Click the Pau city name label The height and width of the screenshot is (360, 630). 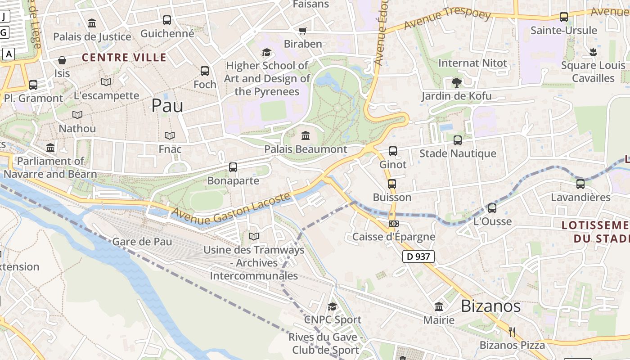coord(167,106)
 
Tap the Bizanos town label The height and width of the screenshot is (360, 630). coord(490,306)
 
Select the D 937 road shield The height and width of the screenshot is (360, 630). coord(418,256)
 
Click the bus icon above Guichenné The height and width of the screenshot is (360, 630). coord(167,20)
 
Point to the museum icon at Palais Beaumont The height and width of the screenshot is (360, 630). coord(306,135)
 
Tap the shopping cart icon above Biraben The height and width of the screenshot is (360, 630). coord(303,31)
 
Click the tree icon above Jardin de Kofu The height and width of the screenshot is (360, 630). coord(456,82)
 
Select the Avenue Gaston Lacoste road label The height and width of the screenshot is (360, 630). coord(231,208)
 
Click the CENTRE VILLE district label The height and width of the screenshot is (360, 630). coord(124,58)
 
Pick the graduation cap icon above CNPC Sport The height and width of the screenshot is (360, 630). coord(332,306)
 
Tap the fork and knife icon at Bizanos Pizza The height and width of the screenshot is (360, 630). coord(512,332)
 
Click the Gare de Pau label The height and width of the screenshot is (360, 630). coord(142,242)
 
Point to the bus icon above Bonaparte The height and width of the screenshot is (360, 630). coord(233,167)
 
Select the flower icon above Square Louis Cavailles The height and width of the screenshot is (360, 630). coord(593,52)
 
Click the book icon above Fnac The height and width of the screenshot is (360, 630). coord(169,135)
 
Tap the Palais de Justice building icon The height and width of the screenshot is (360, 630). coord(92,23)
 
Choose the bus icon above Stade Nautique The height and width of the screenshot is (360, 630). coord(458,140)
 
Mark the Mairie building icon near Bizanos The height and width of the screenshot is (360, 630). coord(438,307)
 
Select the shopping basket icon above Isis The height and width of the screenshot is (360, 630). coord(62,60)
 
